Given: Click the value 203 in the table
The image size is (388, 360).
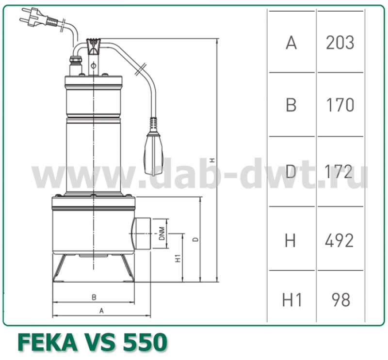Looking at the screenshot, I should (x=340, y=43).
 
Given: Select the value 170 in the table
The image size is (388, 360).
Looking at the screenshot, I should (x=340, y=105).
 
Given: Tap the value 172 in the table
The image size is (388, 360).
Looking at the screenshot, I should (x=340, y=171).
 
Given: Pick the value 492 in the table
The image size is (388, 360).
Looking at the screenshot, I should (x=340, y=240).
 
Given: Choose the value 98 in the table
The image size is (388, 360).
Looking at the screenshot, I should (x=340, y=300).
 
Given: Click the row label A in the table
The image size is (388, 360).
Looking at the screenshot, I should (x=291, y=43).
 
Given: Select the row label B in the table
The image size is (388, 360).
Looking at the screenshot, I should (x=291, y=105).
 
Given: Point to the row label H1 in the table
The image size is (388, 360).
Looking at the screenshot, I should (x=292, y=300).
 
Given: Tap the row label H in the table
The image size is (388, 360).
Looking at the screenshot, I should (x=291, y=240).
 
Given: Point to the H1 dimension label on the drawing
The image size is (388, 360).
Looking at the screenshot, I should (x=178, y=258).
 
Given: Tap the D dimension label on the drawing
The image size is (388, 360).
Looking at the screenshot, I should (x=195, y=239).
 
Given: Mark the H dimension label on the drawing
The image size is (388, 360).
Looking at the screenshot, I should (x=212, y=160).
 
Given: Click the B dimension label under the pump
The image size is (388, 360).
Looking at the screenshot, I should (x=94, y=297).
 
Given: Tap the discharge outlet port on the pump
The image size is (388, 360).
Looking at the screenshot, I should (x=142, y=234).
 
